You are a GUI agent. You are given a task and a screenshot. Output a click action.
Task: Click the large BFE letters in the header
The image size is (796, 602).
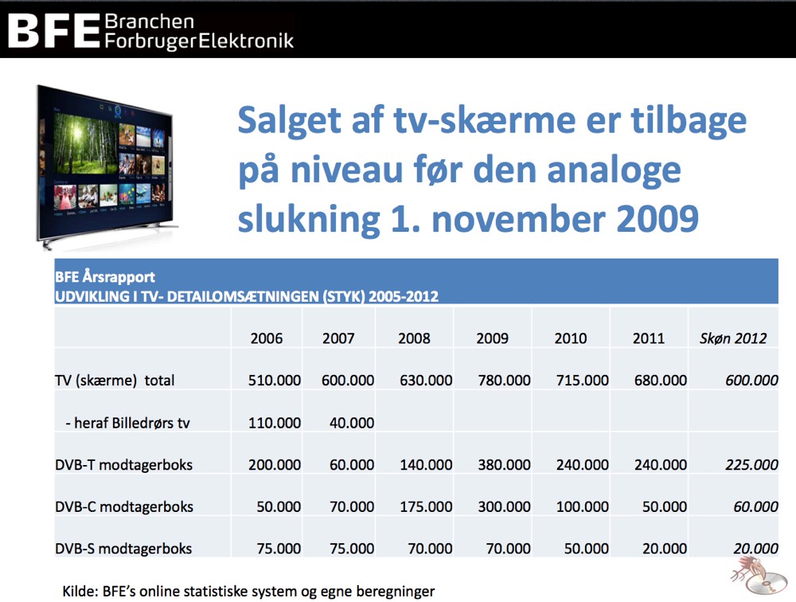tap(53, 31)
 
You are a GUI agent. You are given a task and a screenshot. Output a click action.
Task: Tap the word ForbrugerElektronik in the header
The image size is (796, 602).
tap(199, 41)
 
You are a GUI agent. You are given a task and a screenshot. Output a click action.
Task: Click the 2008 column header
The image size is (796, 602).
tap(414, 338)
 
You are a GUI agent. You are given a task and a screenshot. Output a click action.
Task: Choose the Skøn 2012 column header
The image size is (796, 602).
tap(733, 338)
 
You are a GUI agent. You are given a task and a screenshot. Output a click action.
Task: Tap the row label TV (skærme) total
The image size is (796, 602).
tap(115, 381)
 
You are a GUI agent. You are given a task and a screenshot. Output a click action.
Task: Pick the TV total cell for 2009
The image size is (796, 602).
tap(504, 381)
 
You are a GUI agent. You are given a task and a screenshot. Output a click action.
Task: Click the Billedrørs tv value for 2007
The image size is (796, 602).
tap(352, 423)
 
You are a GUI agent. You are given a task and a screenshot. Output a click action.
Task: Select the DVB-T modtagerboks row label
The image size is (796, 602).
tap(124, 465)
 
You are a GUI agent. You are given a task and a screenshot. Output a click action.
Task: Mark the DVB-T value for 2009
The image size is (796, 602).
tap(504, 465)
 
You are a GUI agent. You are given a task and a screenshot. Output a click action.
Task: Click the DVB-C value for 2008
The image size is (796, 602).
tap(426, 506)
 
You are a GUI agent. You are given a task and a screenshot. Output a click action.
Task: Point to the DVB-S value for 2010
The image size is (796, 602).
tap(587, 549)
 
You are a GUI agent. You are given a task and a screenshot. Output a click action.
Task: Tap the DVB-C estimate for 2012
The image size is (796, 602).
tap(755, 506)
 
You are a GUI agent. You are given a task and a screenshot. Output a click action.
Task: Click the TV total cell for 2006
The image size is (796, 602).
tap(274, 381)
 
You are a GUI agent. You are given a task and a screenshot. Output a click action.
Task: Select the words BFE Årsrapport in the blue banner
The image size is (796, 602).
tap(105, 277)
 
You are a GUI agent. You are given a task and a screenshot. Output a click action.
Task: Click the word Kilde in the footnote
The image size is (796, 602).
tap(79, 592)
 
